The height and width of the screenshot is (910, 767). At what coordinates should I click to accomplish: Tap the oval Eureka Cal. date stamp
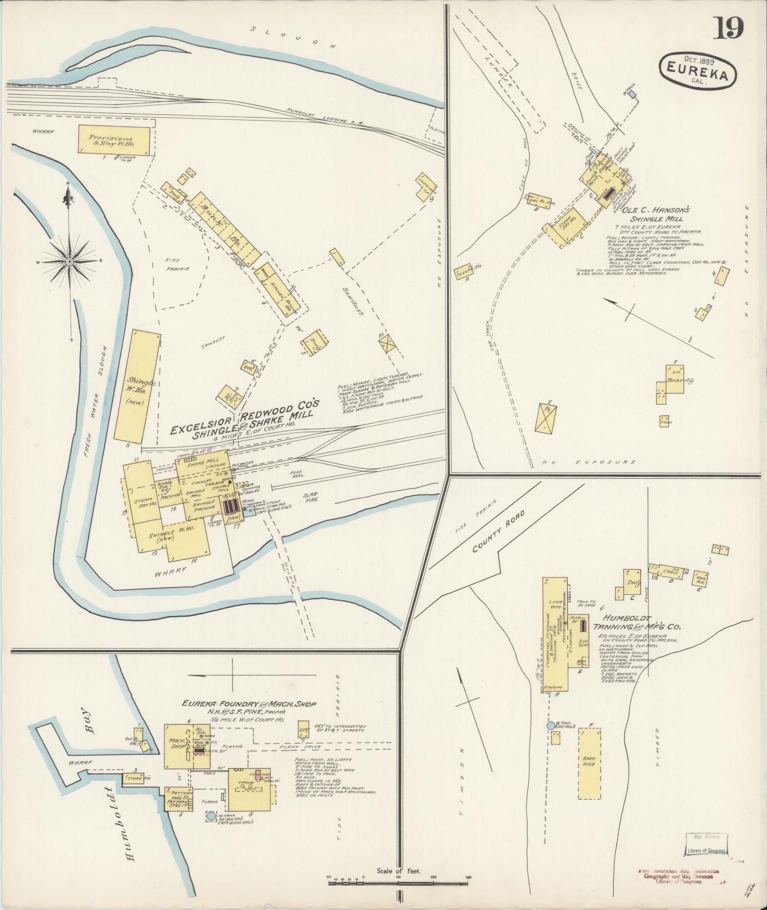(698, 69)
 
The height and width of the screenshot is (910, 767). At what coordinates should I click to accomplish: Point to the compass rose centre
(69, 262)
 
